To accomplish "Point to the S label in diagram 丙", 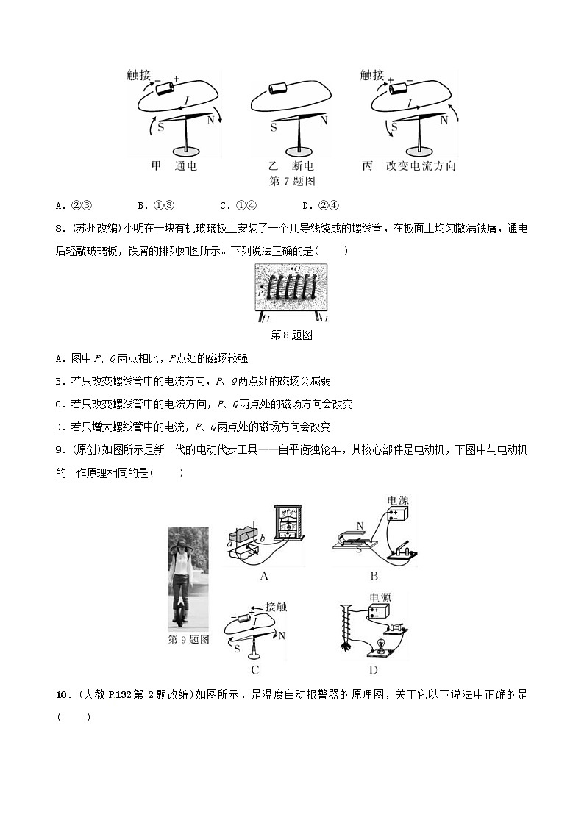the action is [x=394, y=127].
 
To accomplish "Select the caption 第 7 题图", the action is [x=292, y=181].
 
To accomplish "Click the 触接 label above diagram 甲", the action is [x=138, y=75].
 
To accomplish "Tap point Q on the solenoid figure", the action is [x=296, y=269].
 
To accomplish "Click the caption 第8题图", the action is [x=292, y=335].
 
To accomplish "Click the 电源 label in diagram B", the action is [x=397, y=500].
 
